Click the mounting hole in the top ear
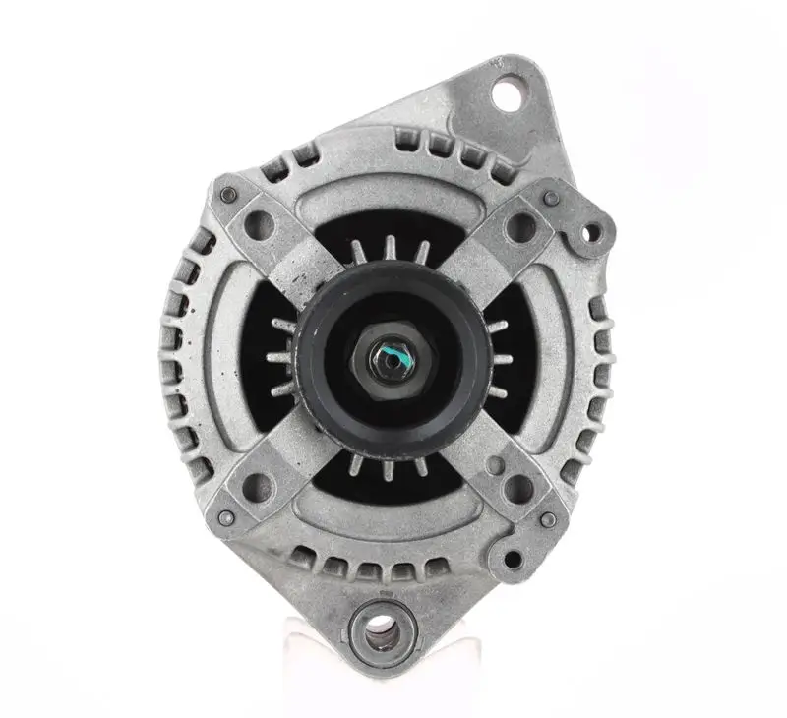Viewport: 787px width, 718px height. pyautogui.click(x=509, y=96)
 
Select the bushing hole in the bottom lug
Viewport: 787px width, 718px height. pyautogui.click(x=376, y=630)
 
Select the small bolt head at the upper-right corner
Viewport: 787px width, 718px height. pyautogui.click(x=552, y=197)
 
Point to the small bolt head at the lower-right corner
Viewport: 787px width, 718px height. pyautogui.click(x=548, y=518)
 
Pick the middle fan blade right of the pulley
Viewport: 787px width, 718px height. pyautogui.click(x=502, y=359)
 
